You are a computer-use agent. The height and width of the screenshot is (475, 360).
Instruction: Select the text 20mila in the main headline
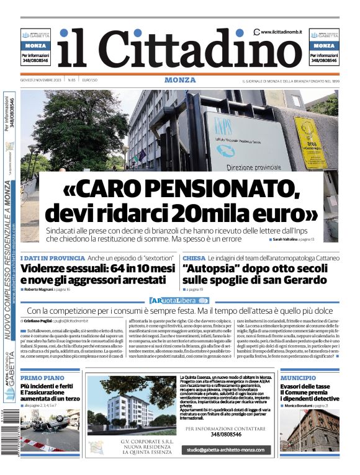(x=212, y=213)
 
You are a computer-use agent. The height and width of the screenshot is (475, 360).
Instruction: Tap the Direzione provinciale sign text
(x=253, y=167)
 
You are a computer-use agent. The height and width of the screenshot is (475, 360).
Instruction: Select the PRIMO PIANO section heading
(x=42, y=377)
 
